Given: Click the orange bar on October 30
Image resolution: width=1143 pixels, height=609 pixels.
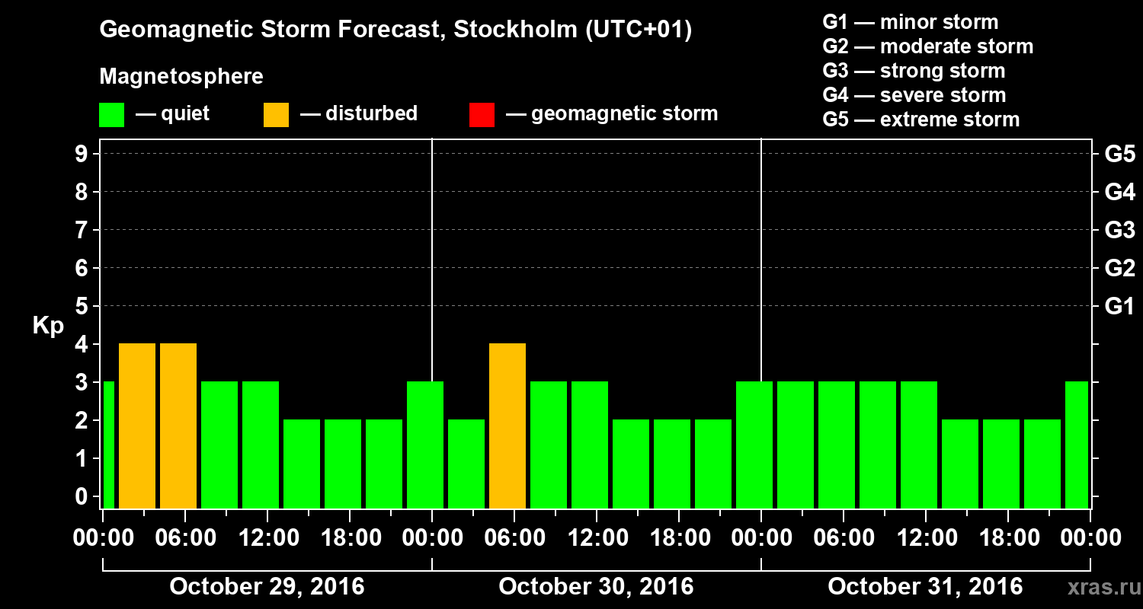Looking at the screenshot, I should [x=507, y=426].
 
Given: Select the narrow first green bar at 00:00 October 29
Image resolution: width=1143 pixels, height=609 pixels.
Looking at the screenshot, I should [x=108, y=445].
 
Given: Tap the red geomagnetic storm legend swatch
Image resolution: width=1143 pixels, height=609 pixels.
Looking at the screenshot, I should [x=482, y=115].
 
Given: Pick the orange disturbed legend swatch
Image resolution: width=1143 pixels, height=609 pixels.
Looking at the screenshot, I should [x=276, y=115].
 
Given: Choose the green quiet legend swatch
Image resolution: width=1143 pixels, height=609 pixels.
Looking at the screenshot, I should [x=111, y=115].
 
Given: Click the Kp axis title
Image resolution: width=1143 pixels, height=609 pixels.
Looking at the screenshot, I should [x=48, y=326].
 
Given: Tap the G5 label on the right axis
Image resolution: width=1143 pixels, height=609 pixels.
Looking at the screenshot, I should [x=1119, y=155].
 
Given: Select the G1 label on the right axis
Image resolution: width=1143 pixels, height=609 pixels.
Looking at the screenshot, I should [x=1119, y=307].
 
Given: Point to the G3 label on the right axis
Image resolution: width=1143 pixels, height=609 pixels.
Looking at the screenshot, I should [x=1119, y=231].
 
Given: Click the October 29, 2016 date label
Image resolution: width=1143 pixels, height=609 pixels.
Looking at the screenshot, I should [x=267, y=587].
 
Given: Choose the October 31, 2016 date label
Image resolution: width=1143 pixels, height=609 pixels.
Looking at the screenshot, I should [x=925, y=587].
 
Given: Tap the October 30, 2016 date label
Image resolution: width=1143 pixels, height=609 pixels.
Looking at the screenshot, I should [x=596, y=587].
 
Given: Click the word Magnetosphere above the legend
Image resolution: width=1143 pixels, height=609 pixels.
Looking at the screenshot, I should [x=181, y=77].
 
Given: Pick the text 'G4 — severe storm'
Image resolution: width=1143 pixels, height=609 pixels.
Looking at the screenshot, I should [x=914, y=95].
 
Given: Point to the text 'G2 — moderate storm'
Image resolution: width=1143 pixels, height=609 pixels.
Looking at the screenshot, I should [x=928, y=46].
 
